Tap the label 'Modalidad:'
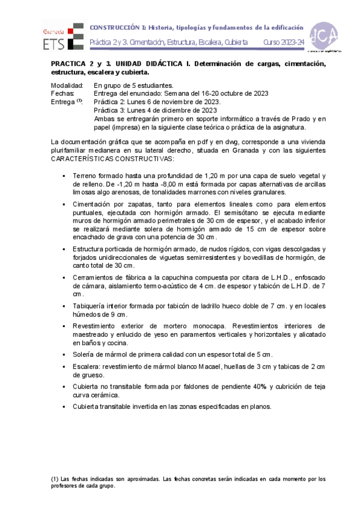click(x=67, y=86)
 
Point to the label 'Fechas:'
click(x=63, y=94)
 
